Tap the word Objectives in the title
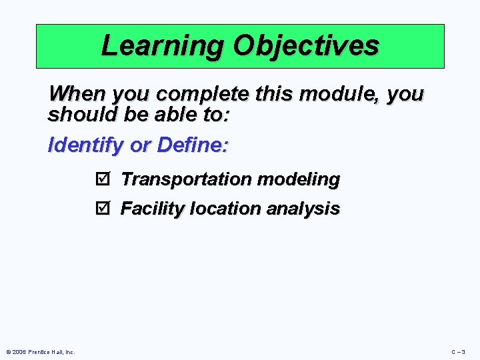coord(306,45)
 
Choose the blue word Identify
coord(85,145)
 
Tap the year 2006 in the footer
coord(20,351)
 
